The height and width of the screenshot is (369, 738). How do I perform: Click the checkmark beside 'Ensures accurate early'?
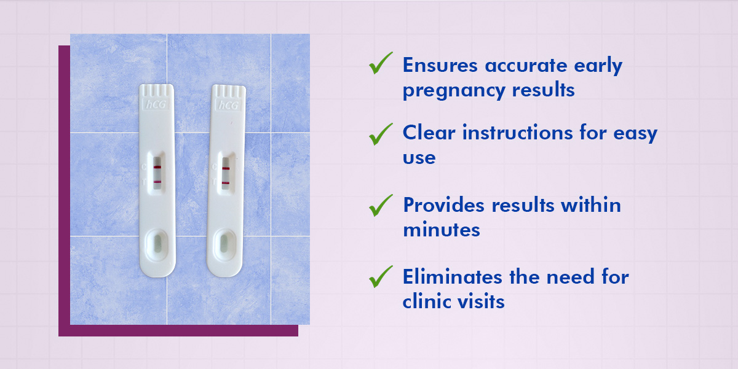[x=380, y=63]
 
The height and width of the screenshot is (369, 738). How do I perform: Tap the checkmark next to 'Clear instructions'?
[x=380, y=133]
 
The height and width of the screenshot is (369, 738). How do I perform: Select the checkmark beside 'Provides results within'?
[x=380, y=204]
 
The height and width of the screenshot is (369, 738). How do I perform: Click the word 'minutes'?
[x=441, y=230]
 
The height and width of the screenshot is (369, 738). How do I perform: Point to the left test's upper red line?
[x=157, y=166]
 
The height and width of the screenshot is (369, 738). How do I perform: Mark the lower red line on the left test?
[x=157, y=182]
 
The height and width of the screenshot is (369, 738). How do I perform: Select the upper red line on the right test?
[x=226, y=168]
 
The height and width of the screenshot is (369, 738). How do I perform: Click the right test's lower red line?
[x=226, y=183]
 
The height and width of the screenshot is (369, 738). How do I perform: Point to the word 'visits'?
[x=482, y=301]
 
